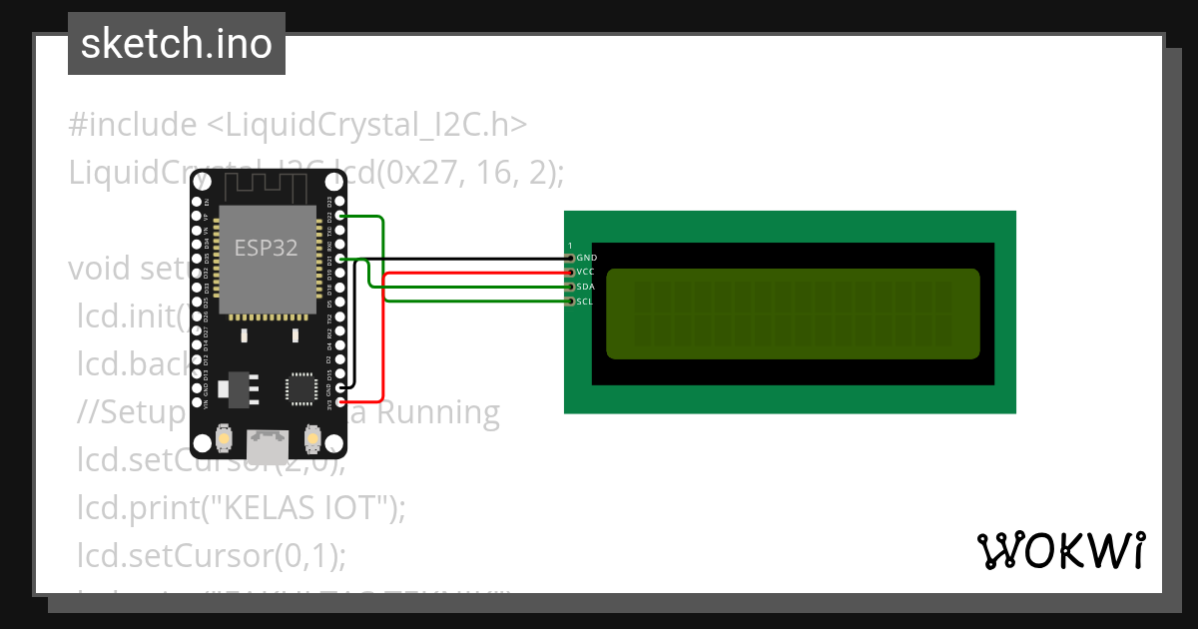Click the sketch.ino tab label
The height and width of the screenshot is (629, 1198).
pos(176,44)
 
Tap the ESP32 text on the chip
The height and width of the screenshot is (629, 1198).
pos(266,249)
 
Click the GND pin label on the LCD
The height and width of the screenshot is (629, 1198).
pos(587,258)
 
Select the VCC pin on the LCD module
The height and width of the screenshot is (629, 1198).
pos(571,272)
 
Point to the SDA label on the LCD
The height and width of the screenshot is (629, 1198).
pos(586,287)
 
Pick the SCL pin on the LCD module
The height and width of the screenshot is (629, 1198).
pos(571,301)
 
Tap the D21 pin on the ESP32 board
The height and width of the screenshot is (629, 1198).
pos(341,259)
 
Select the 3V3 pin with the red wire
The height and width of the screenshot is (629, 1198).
pos(341,401)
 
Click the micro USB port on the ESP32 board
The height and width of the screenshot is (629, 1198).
pos(268,442)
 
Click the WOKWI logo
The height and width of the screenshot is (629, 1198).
pos(1060,550)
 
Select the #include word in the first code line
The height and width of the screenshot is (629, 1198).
pos(133,125)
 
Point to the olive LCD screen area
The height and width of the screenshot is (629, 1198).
pos(793,314)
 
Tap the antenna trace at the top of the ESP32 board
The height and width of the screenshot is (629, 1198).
pos(267,186)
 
